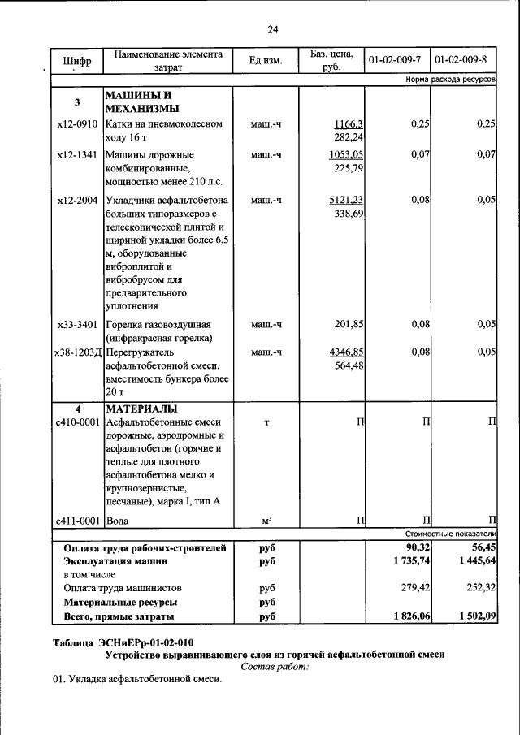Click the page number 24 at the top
click(x=273, y=30)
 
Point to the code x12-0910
click(x=77, y=124)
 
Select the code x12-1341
click(x=77, y=154)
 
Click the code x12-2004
click(x=77, y=200)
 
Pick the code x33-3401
click(x=77, y=325)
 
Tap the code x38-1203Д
click(x=77, y=352)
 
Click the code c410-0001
click(x=77, y=422)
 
